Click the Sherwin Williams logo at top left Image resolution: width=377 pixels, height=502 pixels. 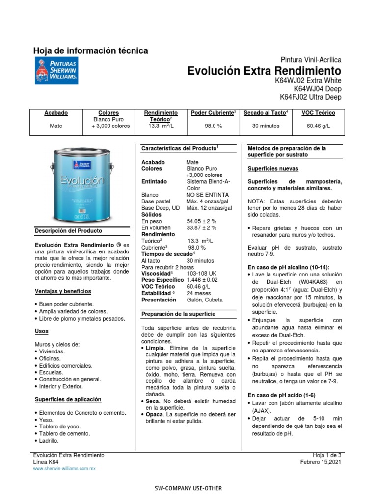(55, 70)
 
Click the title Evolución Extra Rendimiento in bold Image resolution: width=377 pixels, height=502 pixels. (264, 71)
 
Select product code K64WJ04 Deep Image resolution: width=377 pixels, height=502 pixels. (317, 89)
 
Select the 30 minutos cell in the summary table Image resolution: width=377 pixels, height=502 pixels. (266, 126)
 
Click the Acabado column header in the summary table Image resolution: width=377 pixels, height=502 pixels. (56, 113)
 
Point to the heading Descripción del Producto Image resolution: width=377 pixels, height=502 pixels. (68, 230)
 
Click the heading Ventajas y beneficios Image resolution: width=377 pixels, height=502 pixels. (63, 291)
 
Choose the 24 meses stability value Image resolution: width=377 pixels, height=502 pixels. (197, 293)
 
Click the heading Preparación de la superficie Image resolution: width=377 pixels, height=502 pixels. (178, 314)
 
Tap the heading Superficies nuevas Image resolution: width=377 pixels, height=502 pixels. (272, 168)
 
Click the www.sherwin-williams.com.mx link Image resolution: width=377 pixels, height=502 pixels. (64, 469)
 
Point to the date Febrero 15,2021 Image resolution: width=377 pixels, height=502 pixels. (321, 462)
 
